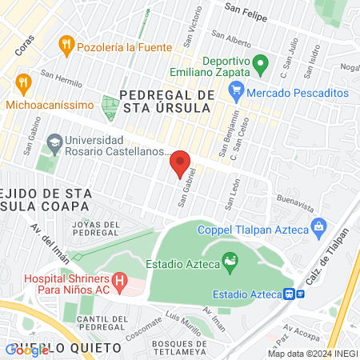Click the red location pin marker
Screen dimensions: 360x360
181,164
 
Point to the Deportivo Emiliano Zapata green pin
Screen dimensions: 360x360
260,63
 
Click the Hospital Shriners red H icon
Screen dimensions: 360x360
120,281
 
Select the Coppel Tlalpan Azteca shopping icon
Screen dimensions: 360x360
318,226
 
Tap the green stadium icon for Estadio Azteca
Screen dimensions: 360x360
230,260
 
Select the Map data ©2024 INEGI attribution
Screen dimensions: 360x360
311,354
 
